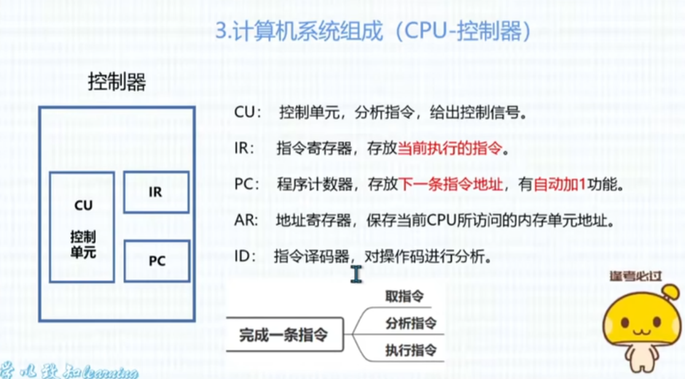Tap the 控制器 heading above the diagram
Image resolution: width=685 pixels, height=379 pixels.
point(117,82)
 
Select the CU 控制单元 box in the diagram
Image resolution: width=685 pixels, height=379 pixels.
point(82,226)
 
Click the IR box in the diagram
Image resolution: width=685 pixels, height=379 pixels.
point(156,192)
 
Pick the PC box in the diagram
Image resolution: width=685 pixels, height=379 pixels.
point(157,261)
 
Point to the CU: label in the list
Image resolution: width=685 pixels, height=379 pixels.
point(248,114)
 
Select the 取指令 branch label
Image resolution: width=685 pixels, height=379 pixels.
point(404,296)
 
